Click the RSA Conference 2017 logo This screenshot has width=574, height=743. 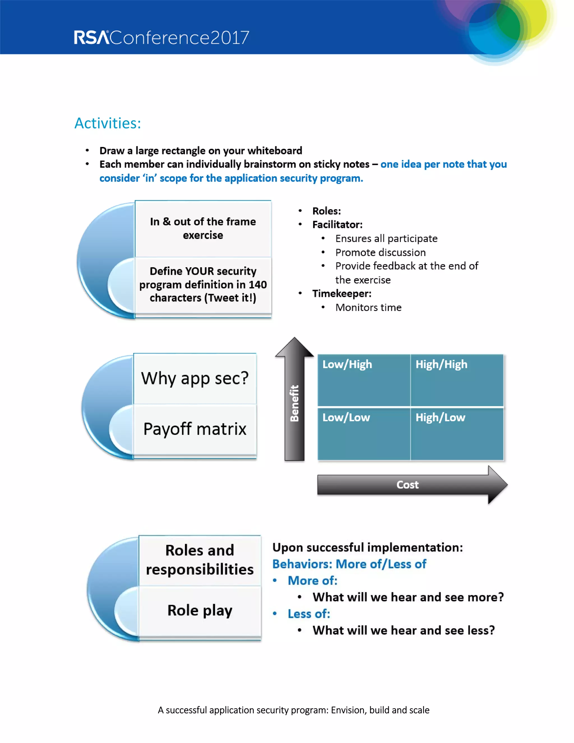[161, 37]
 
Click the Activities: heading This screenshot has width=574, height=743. [107, 123]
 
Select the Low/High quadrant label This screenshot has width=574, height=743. [347, 364]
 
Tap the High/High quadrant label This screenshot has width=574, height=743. [441, 364]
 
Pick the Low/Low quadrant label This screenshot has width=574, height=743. [346, 417]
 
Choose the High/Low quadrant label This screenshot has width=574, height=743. [440, 417]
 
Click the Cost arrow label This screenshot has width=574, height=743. [407, 485]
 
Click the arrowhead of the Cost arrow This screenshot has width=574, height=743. [497, 485]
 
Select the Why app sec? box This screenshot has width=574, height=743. [195, 378]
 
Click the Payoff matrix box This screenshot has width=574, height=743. [195, 429]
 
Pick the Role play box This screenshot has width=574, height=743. [200, 611]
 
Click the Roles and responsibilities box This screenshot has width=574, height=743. [200, 560]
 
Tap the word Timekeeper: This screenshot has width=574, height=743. [342, 294]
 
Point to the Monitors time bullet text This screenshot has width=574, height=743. [368, 308]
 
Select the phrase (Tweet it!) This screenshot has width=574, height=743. [230, 298]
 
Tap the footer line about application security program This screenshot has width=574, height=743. [293, 710]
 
